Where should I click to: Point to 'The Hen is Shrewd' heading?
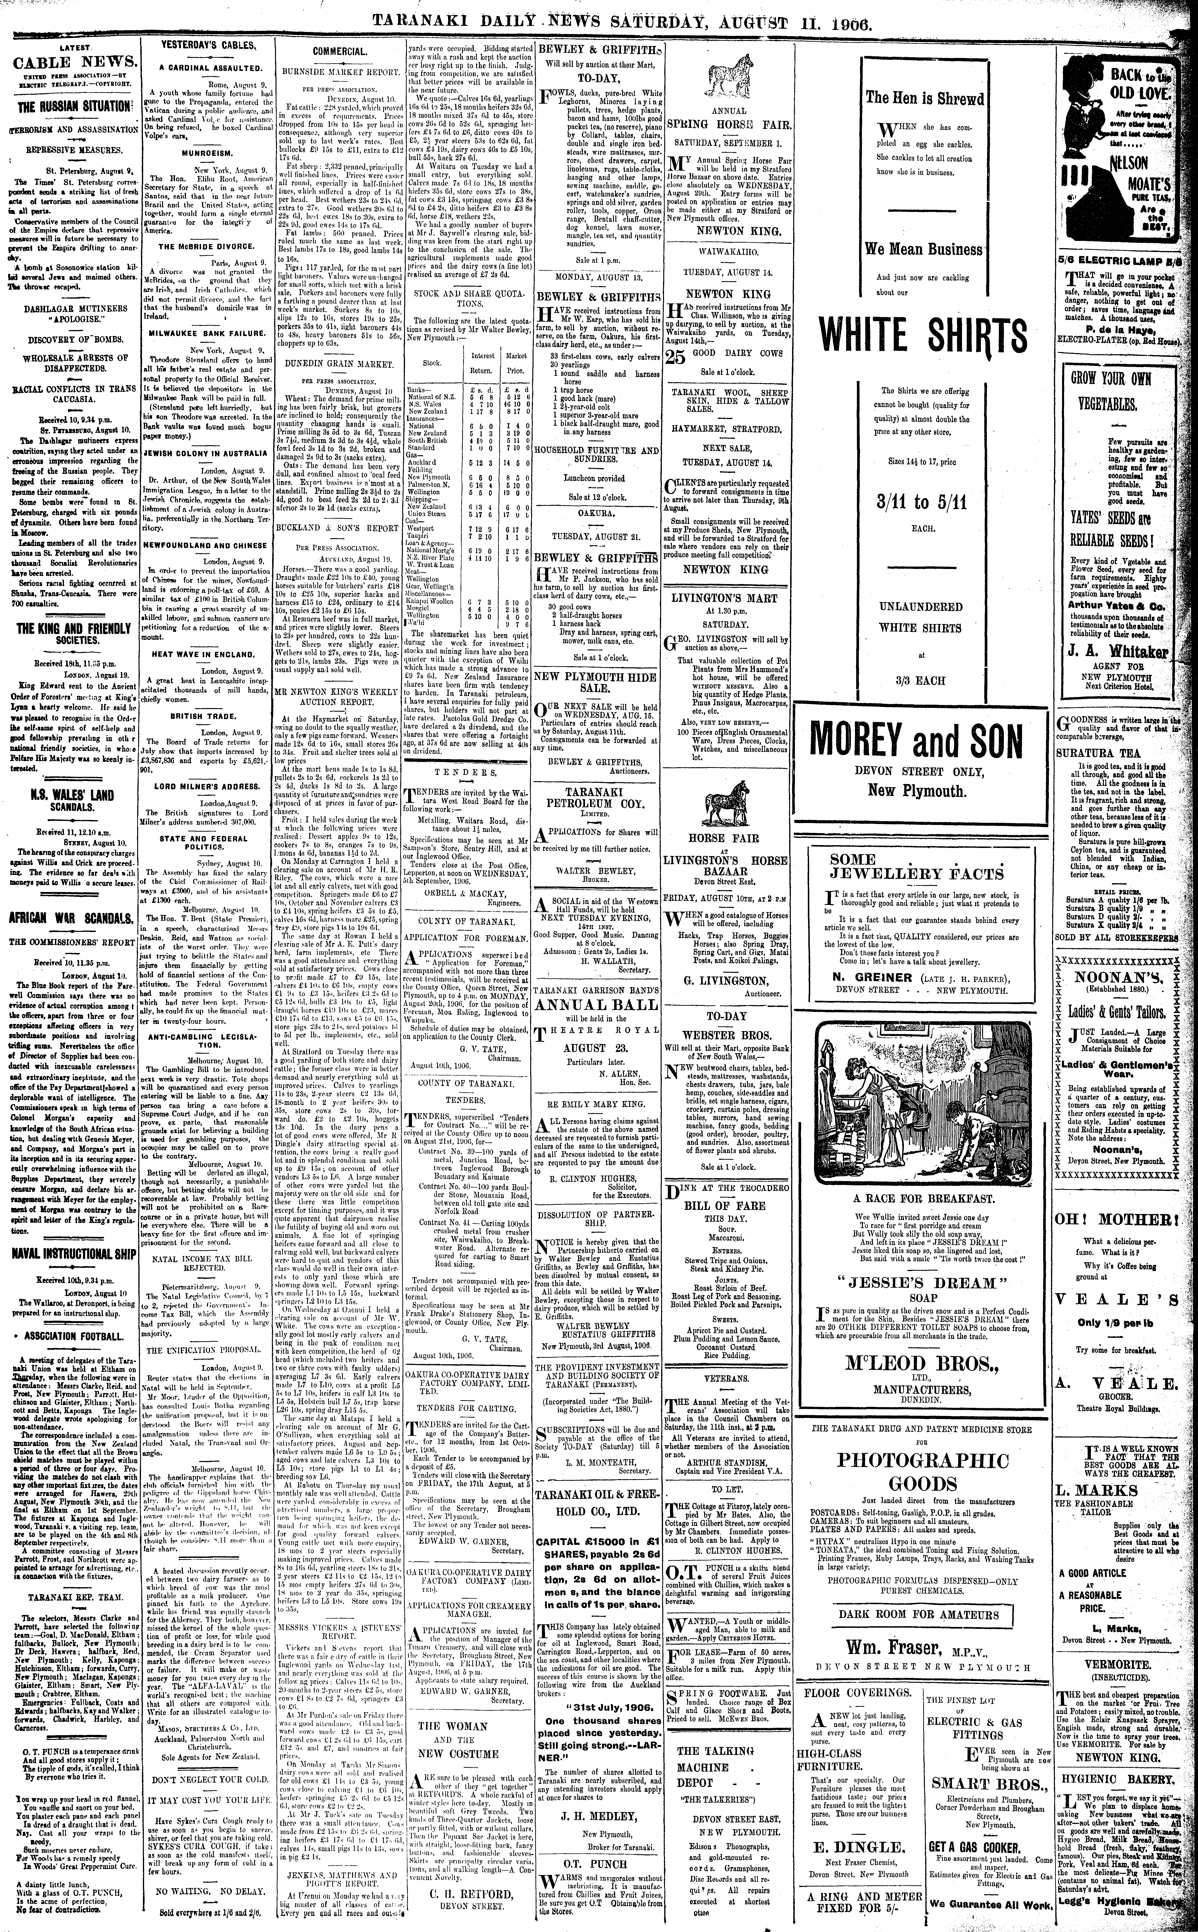[x=924, y=99]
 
